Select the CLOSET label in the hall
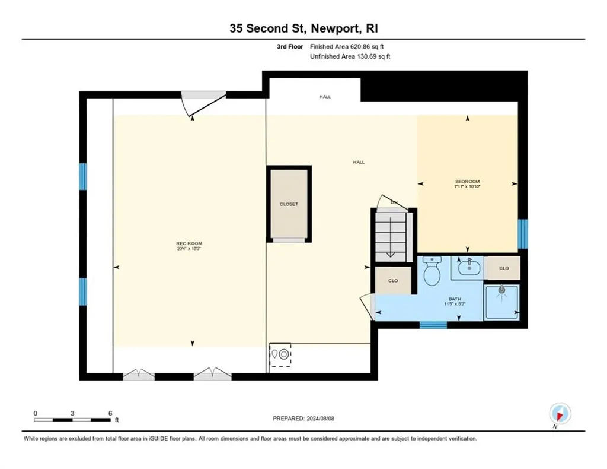click(289, 204)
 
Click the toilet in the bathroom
click(432, 271)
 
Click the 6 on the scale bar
click(110, 413)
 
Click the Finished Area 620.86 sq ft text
click(350, 46)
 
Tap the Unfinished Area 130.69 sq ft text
click(350, 57)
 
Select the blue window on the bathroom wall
click(433, 325)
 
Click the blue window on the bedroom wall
click(522, 233)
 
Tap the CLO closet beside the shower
click(503, 268)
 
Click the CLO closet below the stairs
click(392, 280)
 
